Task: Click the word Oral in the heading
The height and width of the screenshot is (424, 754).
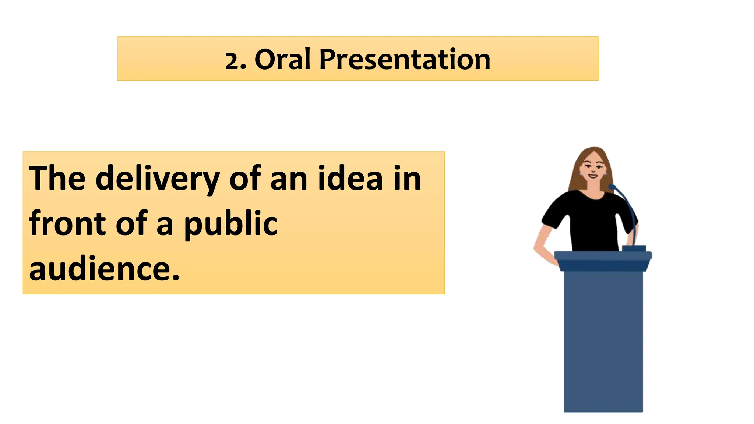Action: coord(282,59)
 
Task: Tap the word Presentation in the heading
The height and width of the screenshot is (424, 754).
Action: coord(404,59)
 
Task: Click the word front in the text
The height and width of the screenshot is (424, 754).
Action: coord(67,223)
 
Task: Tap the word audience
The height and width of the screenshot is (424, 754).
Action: coord(99,269)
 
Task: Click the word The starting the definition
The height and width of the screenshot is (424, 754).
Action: coord(57,179)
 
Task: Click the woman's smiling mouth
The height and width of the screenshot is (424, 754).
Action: coord(593,176)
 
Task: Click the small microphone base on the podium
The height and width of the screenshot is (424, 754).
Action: coord(634,248)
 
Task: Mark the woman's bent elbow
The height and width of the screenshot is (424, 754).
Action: coord(536,247)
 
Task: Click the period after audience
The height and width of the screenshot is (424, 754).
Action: coord(176,277)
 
